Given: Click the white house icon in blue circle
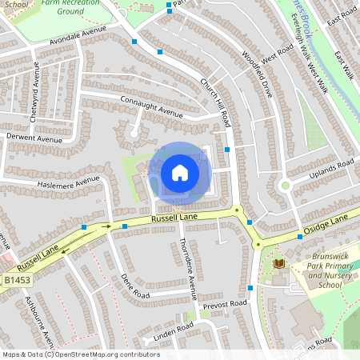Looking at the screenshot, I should (x=179, y=173).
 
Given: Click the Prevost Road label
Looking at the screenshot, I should (x=226, y=304).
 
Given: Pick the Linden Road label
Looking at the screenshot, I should (x=174, y=328).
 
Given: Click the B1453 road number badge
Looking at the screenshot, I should (x=15, y=281).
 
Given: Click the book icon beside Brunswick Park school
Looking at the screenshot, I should (x=278, y=263).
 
